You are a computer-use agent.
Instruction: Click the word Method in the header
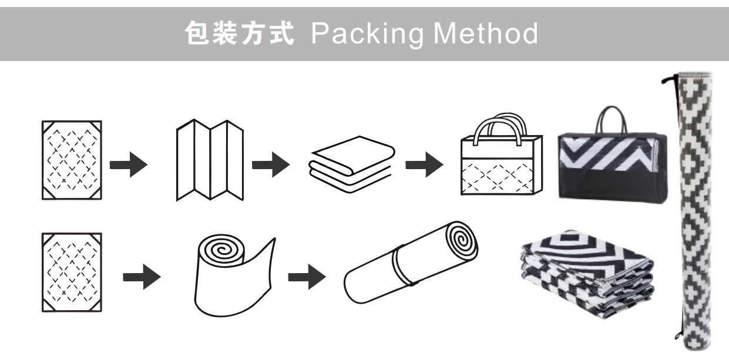coord(485,34)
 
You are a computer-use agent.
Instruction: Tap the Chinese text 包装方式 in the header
coord(240,34)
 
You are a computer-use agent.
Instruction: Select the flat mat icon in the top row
coord(72,160)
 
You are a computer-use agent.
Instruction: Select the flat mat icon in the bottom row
coord(72,272)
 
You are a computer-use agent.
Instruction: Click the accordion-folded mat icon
coord(210,160)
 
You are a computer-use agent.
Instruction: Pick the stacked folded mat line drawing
coord(350,163)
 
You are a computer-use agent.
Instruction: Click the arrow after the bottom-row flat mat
coord(142,277)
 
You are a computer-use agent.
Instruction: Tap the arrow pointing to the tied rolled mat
coord(306,277)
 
